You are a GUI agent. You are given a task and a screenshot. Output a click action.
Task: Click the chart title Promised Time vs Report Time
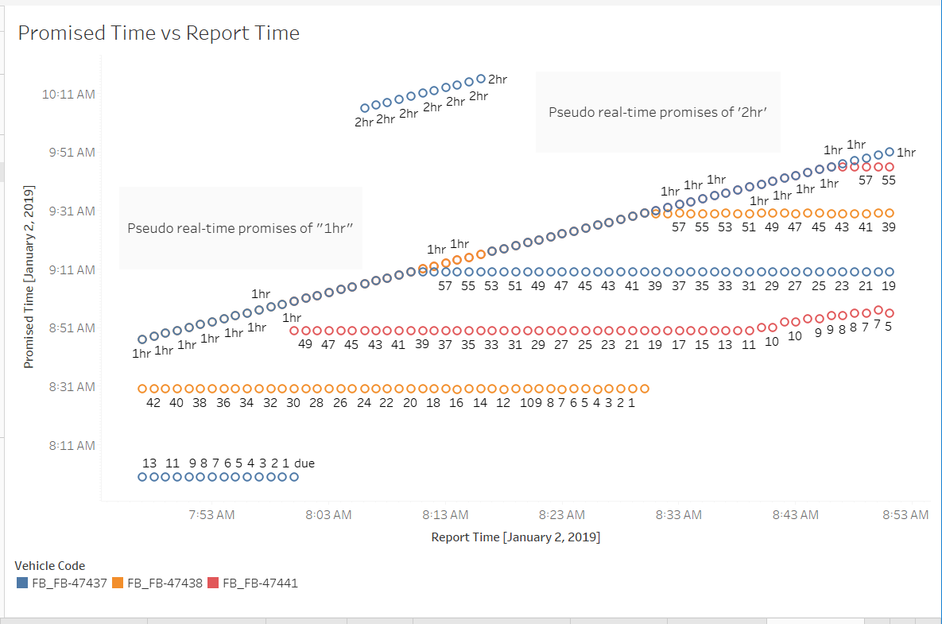[158, 33]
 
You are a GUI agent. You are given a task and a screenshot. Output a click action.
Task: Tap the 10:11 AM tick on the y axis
[68, 94]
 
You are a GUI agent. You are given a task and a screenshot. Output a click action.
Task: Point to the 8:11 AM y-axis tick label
[72, 446]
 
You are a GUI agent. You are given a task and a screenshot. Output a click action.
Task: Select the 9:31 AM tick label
[72, 211]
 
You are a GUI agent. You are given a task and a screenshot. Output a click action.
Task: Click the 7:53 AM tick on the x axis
[211, 515]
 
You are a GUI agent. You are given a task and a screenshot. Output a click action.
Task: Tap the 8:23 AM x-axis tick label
[562, 515]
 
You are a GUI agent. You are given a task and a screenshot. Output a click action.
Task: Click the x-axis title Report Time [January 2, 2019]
[515, 537]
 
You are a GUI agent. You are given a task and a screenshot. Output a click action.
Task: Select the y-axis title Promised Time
[29, 277]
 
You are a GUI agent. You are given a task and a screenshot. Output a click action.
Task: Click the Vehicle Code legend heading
[49, 566]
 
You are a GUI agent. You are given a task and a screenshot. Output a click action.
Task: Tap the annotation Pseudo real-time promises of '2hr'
[657, 112]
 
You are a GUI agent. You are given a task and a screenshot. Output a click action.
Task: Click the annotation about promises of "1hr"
[240, 228]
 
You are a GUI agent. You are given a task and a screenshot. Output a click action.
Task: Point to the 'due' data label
[304, 463]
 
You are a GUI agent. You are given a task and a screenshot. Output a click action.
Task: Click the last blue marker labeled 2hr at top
[480, 79]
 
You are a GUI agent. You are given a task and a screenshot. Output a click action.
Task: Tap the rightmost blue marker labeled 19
[890, 272]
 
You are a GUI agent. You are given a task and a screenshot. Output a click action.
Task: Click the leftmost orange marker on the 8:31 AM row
[143, 389]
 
